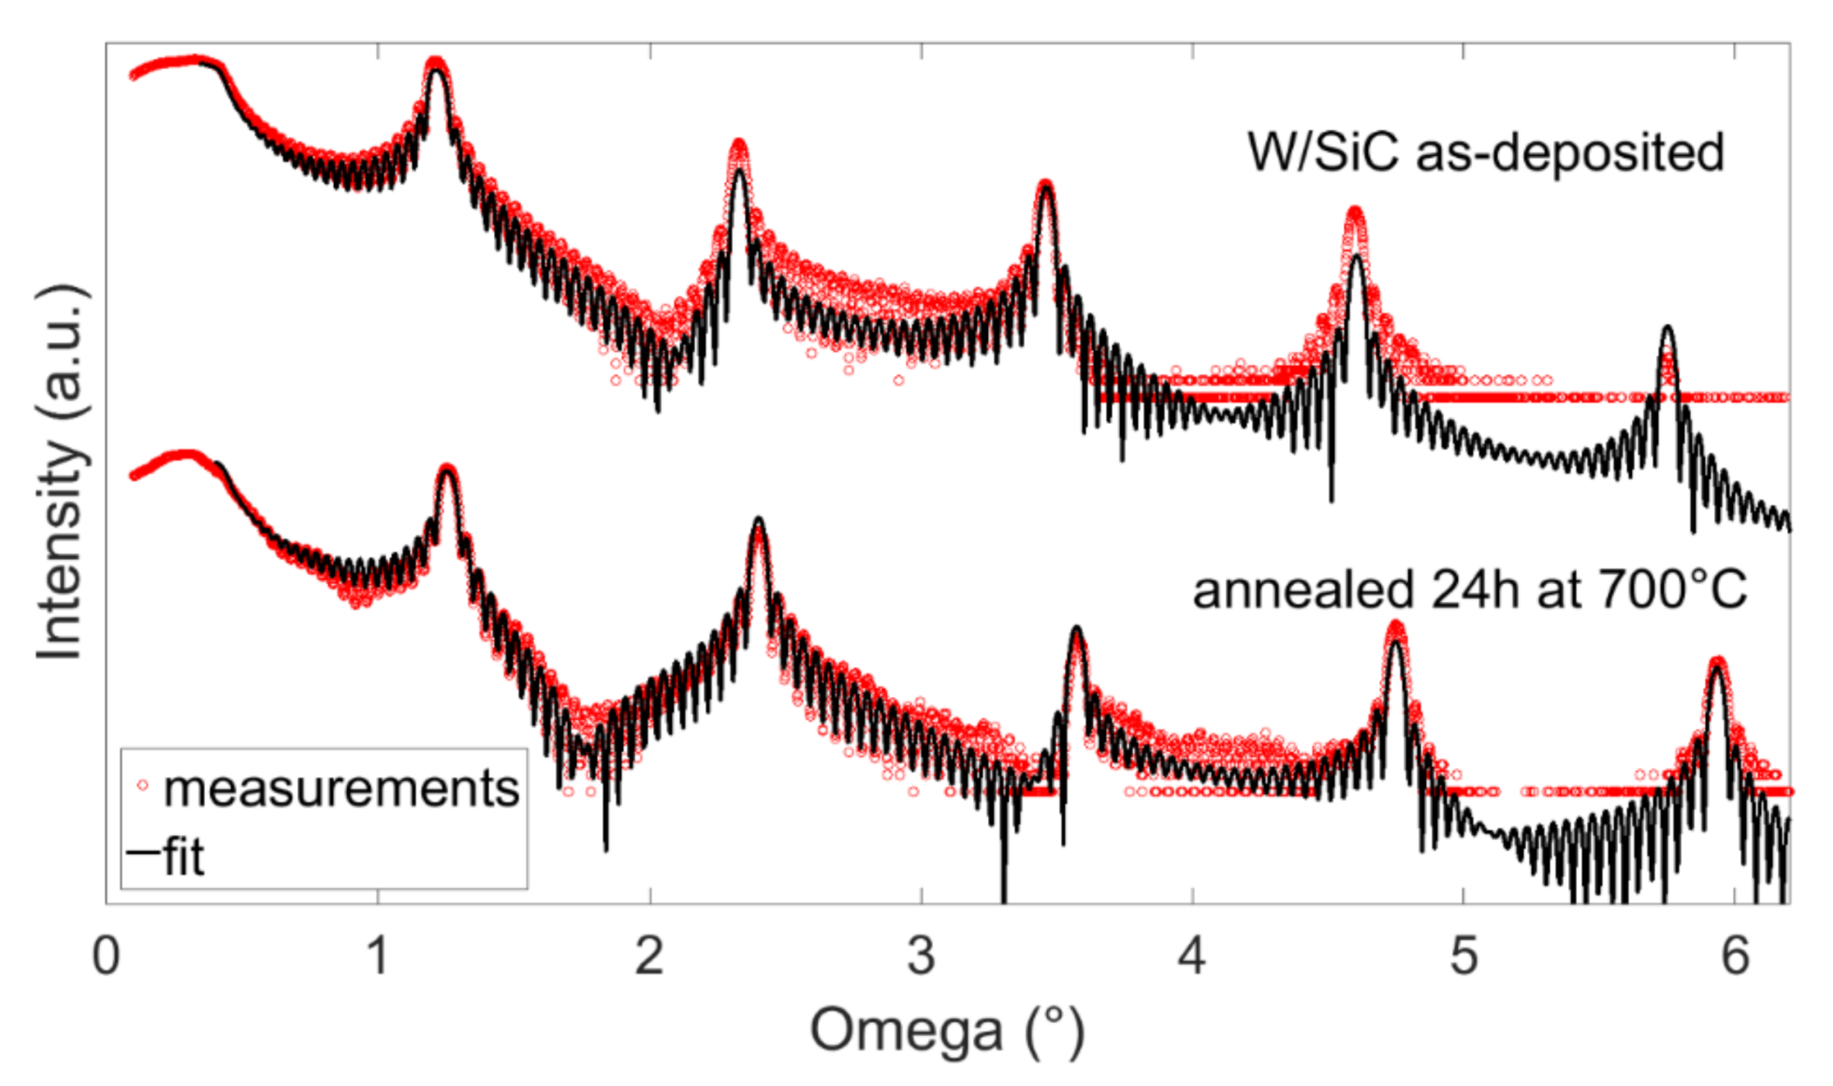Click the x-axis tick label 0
click(106, 957)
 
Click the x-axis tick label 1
click(377, 957)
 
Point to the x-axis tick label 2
click(649, 957)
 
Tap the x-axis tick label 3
click(920, 957)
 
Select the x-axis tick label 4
click(1191, 957)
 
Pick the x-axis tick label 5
click(1463, 957)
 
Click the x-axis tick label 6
click(1735, 957)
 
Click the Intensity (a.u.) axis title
click(61, 472)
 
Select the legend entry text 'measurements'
click(341, 788)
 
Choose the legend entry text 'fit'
click(183, 856)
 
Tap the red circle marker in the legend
click(143, 784)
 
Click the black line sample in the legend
click(143, 851)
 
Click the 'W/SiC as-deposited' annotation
click(1485, 152)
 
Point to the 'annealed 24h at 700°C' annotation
click(1469, 590)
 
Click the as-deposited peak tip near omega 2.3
click(739, 145)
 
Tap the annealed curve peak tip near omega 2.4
click(758, 520)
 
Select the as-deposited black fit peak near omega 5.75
click(1667, 328)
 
